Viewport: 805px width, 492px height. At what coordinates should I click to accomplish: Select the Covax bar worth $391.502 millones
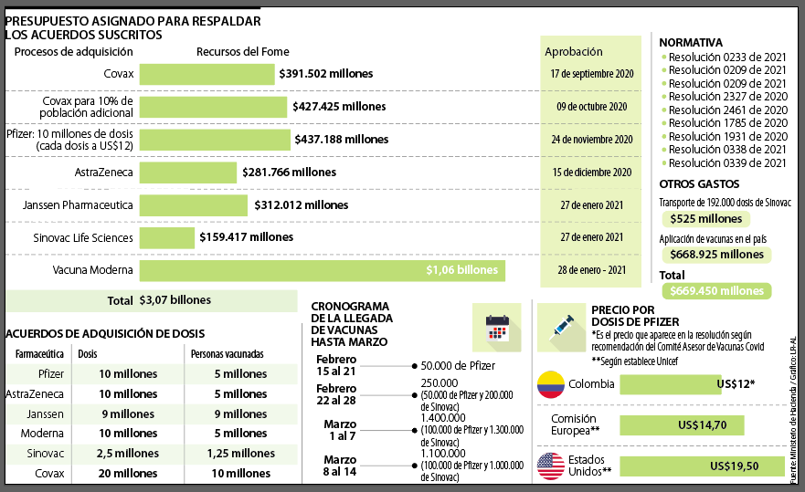pyautogui.click(x=207, y=74)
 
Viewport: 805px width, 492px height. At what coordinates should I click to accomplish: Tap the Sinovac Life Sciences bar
pyautogui.click(x=166, y=237)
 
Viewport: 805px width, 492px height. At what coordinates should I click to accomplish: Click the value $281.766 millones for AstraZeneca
pyautogui.click(x=290, y=172)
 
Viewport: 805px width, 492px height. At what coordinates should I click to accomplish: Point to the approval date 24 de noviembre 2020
pyautogui.click(x=591, y=140)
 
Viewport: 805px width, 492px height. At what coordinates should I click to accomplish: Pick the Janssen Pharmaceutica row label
pyautogui.click(x=78, y=204)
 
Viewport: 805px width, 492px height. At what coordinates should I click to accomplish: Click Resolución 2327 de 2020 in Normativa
pyautogui.click(x=727, y=96)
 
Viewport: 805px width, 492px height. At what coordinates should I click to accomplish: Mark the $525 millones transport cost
pyautogui.click(x=705, y=219)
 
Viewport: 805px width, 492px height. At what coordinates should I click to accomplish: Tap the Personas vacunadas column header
pyautogui.click(x=228, y=353)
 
